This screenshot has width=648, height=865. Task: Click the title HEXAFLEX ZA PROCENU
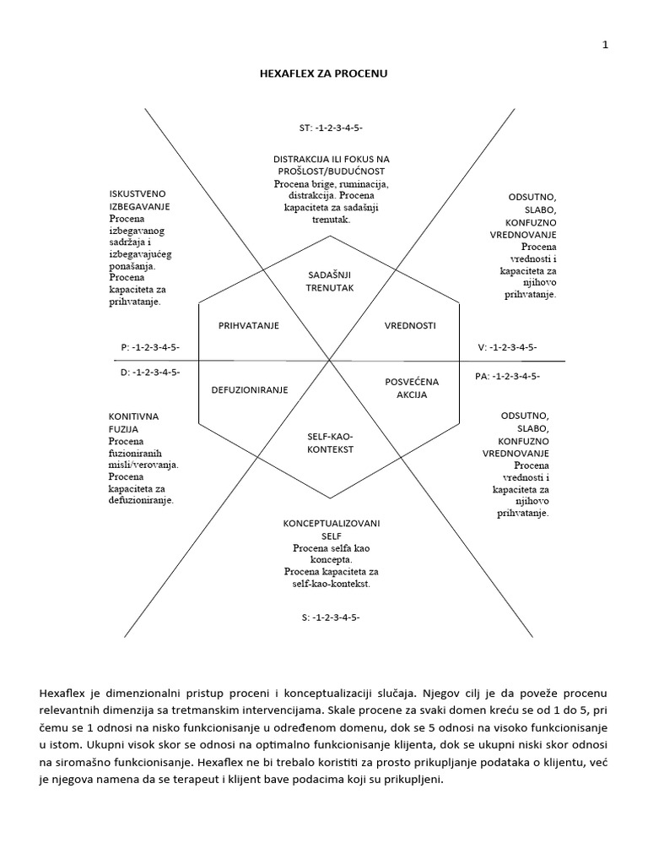tap(324, 74)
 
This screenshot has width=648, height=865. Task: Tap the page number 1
tap(605, 46)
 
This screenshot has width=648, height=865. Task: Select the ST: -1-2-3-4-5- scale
tap(331, 128)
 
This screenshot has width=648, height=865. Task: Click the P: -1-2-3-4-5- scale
tap(150, 347)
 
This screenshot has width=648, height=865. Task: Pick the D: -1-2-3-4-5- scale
tap(150, 371)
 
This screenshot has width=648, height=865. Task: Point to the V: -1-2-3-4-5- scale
tap(507, 347)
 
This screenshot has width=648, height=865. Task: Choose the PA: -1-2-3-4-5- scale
tap(507, 376)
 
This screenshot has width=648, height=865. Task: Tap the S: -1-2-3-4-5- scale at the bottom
tap(331, 617)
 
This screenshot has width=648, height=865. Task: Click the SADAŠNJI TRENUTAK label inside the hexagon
tap(329, 281)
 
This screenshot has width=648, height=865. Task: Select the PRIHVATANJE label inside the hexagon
tap(249, 325)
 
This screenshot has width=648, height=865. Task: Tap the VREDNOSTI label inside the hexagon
tap(411, 325)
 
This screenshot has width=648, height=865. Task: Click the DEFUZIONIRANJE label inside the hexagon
tap(250, 389)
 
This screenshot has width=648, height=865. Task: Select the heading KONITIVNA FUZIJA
tap(133, 423)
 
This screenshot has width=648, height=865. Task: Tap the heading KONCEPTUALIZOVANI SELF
tap(331, 530)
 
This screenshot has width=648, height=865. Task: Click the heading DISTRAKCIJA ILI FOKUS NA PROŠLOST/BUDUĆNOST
tap(331, 165)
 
